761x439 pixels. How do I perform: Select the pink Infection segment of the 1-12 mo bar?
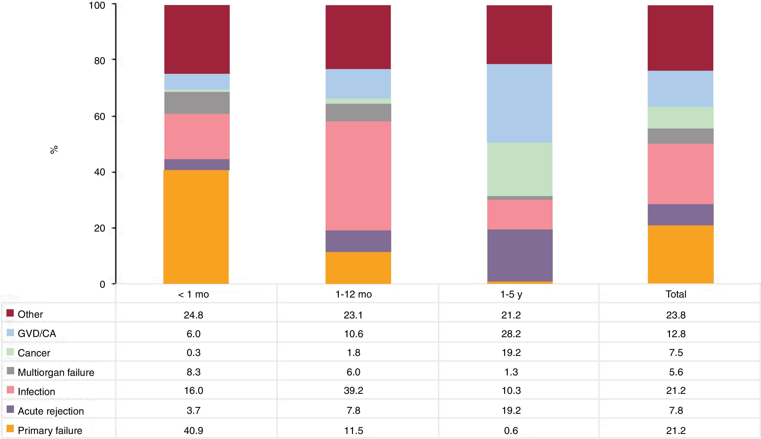click(x=358, y=176)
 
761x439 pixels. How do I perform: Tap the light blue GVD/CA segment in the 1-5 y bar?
click(x=520, y=103)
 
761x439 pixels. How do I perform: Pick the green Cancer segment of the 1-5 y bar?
click(x=520, y=169)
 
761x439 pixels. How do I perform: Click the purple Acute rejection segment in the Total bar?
click(x=681, y=215)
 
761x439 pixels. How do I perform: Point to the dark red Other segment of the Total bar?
click(x=681, y=38)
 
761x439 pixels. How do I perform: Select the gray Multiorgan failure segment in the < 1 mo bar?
click(x=196, y=103)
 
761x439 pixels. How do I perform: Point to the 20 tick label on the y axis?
click(x=99, y=228)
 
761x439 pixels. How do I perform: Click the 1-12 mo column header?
click(x=353, y=294)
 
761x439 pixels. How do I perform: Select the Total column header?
click(x=676, y=294)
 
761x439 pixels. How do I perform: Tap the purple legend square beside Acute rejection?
click(x=10, y=409)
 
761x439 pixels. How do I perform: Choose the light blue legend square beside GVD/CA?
click(x=10, y=332)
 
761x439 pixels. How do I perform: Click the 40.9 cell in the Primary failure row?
click(x=193, y=430)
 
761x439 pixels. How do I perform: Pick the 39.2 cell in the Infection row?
click(x=353, y=391)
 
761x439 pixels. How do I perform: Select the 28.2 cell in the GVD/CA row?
click(x=511, y=334)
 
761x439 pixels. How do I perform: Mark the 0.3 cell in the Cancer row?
click(x=193, y=353)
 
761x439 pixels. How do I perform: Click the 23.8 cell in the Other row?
click(x=676, y=315)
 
